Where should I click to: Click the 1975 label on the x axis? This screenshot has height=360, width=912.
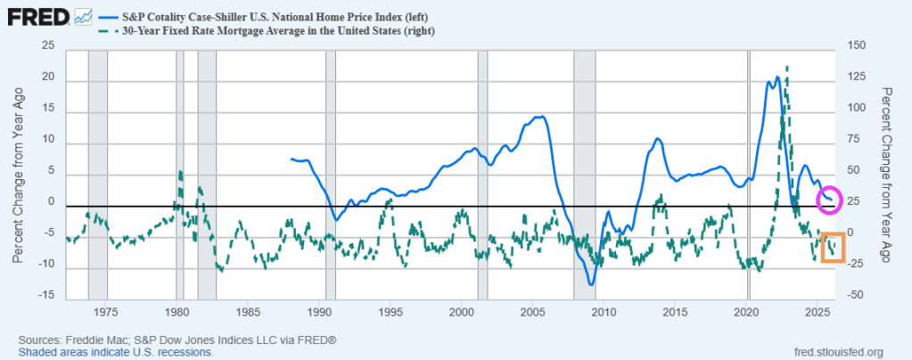coord(105,313)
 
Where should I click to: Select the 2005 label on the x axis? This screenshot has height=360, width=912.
coord(532,313)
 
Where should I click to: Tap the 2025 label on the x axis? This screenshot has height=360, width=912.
coord(818,313)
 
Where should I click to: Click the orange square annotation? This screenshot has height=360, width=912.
coord(833,247)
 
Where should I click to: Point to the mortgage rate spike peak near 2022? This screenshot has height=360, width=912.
coord(786,67)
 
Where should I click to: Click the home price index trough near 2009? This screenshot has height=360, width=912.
coord(590,284)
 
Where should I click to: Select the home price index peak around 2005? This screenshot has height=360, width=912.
coord(541,117)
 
